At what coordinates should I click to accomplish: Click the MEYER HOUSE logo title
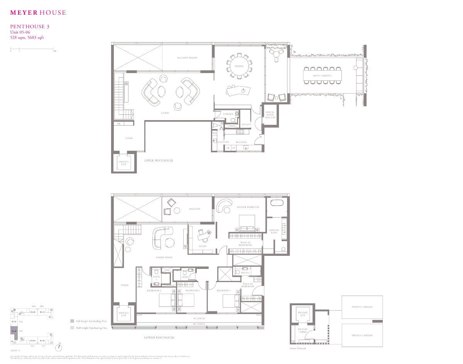click(x=38, y=12)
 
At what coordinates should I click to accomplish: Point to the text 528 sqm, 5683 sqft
click(x=27, y=37)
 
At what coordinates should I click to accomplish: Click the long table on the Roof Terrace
click(x=323, y=75)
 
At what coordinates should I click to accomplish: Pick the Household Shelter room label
click(x=270, y=115)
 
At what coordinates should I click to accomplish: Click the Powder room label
click(x=228, y=114)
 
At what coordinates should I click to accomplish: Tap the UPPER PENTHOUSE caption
click(x=159, y=160)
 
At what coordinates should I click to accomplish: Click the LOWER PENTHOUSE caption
click(x=159, y=337)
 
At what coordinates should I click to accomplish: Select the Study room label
click(x=203, y=246)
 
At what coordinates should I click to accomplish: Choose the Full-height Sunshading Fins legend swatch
click(x=72, y=321)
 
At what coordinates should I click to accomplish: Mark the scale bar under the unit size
click(x=32, y=49)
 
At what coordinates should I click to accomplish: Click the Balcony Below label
click(x=187, y=58)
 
